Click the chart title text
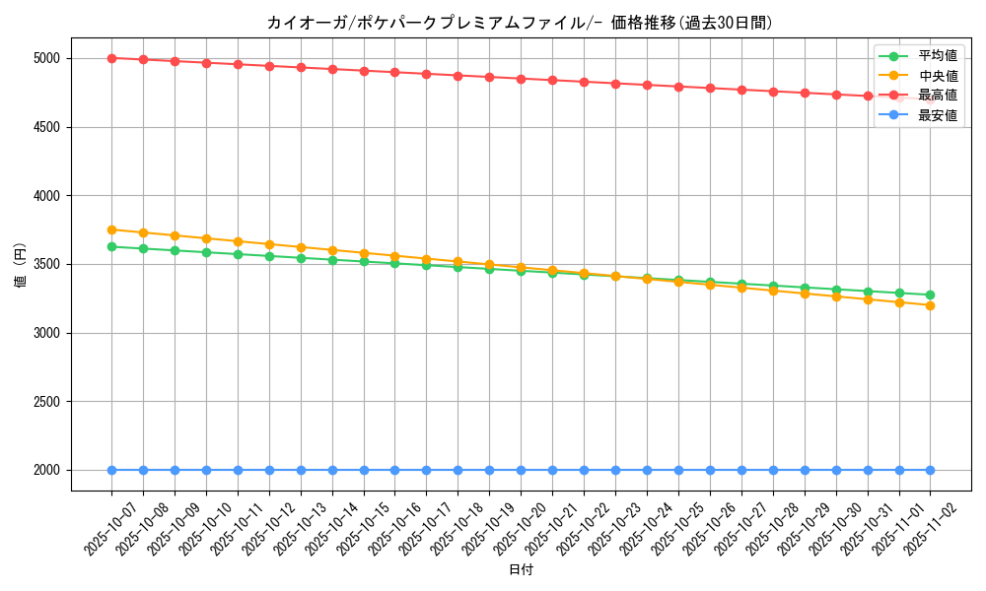coord(520,23)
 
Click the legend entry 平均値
coord(937,56)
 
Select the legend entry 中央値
coord(937,76)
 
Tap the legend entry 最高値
coord(937,96)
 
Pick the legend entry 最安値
coord(937,115)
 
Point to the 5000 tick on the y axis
coord(46,58)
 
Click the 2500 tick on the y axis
coord(46,402)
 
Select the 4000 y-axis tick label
coord(46,196)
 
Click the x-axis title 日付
coord(520,570)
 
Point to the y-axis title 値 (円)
coord(20,264)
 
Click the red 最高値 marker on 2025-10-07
coord(111,58)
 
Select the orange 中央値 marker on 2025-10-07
coord(111,230)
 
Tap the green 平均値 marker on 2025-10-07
coord(111,246)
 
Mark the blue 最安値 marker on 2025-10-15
coord(364,470)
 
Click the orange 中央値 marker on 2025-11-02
coord(930,305)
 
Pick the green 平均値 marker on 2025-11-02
coord(930,295)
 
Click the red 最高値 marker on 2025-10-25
coord(678,87)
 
